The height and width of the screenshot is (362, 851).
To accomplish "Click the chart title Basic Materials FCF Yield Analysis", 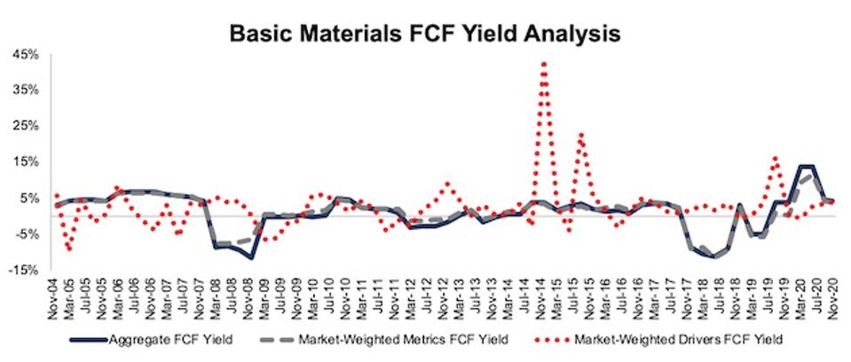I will click(x=425, y=34).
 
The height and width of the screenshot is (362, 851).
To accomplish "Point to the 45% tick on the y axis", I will click(x=28, y=54).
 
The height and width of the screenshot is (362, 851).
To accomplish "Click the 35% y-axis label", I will click(x=28, y=90).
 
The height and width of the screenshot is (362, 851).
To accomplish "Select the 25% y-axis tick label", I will click(x=28, y=126).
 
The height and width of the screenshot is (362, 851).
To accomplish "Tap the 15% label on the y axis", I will click(x=28, y=161).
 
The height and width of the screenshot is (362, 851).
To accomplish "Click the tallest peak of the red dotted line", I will click(x=543, y=62).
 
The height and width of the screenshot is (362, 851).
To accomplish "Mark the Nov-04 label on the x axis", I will click(x=57, y=296).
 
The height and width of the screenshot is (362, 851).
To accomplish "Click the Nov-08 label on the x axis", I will click(x=249, y=296).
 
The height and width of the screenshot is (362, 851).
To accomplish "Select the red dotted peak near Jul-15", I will click(x=580, y=135).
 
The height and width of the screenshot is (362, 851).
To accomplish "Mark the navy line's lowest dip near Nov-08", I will click(x=251, y=257).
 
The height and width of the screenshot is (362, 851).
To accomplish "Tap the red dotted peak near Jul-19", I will click(x=775, y=158).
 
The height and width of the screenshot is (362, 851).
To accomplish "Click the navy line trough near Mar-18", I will click(x=710, y=256).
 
